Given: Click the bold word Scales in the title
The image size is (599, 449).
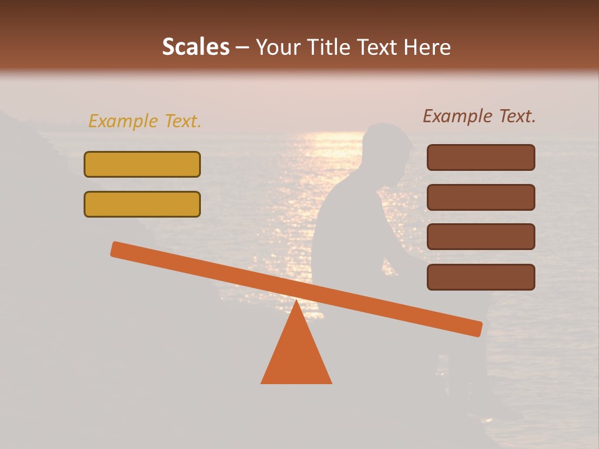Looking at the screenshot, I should [x=195, y=47].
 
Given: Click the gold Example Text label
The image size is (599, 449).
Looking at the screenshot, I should [x=145, y=122].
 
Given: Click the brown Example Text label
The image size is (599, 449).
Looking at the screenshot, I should [x=479, y=116].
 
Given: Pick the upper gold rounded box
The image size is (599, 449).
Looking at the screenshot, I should [x=142, y=164].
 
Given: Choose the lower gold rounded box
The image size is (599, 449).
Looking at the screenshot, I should [x=142, y=204].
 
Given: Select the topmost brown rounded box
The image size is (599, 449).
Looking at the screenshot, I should [x=480, y=157].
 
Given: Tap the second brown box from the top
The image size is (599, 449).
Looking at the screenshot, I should [x=480, y=197].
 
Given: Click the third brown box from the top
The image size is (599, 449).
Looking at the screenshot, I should [x=480, y=236].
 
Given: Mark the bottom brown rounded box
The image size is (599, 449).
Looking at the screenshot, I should [x=480, y=277].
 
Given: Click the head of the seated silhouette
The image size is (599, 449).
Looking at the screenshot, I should [x=387, y=147].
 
